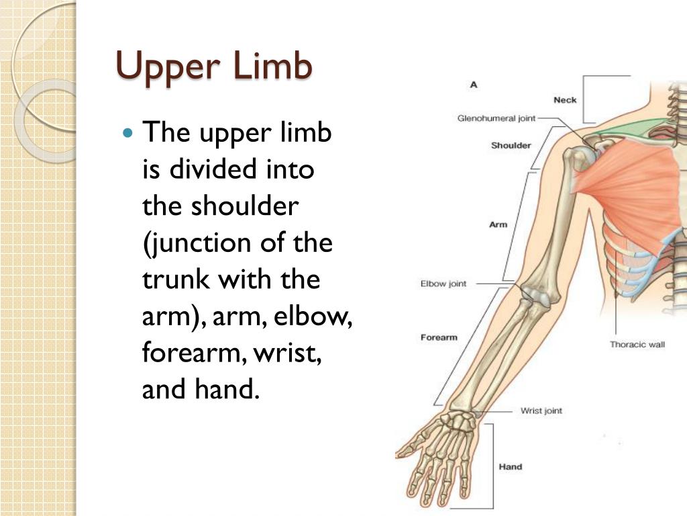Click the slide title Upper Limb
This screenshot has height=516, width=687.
tap(214, 67)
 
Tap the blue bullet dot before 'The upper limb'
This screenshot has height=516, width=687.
tap(130, 132)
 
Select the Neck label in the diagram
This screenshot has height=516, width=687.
tap(565, 100)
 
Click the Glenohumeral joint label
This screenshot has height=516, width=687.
tap(496, 119)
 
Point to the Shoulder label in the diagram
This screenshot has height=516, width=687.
tap(511, 145)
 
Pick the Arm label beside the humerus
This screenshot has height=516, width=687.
tap(498, 224)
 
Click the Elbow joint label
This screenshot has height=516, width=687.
tap(443, 284)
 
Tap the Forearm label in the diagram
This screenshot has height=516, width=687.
tap(439, 337)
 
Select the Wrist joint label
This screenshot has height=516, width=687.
tap(541, 411)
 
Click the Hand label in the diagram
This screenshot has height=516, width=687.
tap(510, 467)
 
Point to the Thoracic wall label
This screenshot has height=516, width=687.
tap(637, 345)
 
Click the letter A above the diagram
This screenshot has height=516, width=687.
tap(474, 85)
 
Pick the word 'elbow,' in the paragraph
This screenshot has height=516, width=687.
tap(316, 316)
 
